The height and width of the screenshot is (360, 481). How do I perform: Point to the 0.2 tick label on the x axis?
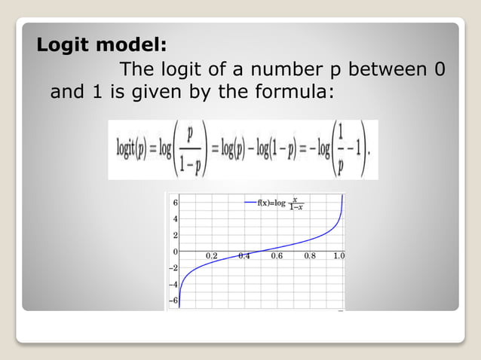[212, 256]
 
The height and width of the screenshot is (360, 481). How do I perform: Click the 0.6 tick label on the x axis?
[277, 256]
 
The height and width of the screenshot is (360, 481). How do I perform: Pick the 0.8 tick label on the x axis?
[310, 256]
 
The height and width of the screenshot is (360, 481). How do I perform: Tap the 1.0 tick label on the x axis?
[339, 256]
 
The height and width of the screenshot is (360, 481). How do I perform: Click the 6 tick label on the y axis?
[175, 203]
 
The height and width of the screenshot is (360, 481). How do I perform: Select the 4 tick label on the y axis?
[175, 219]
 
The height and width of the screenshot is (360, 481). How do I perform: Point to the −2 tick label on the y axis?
[173, 268]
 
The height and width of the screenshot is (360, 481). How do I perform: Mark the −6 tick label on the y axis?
[173, 301]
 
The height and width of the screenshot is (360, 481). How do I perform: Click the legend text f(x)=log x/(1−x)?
[280, 203]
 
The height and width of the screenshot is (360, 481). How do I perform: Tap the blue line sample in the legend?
[250, 203]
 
